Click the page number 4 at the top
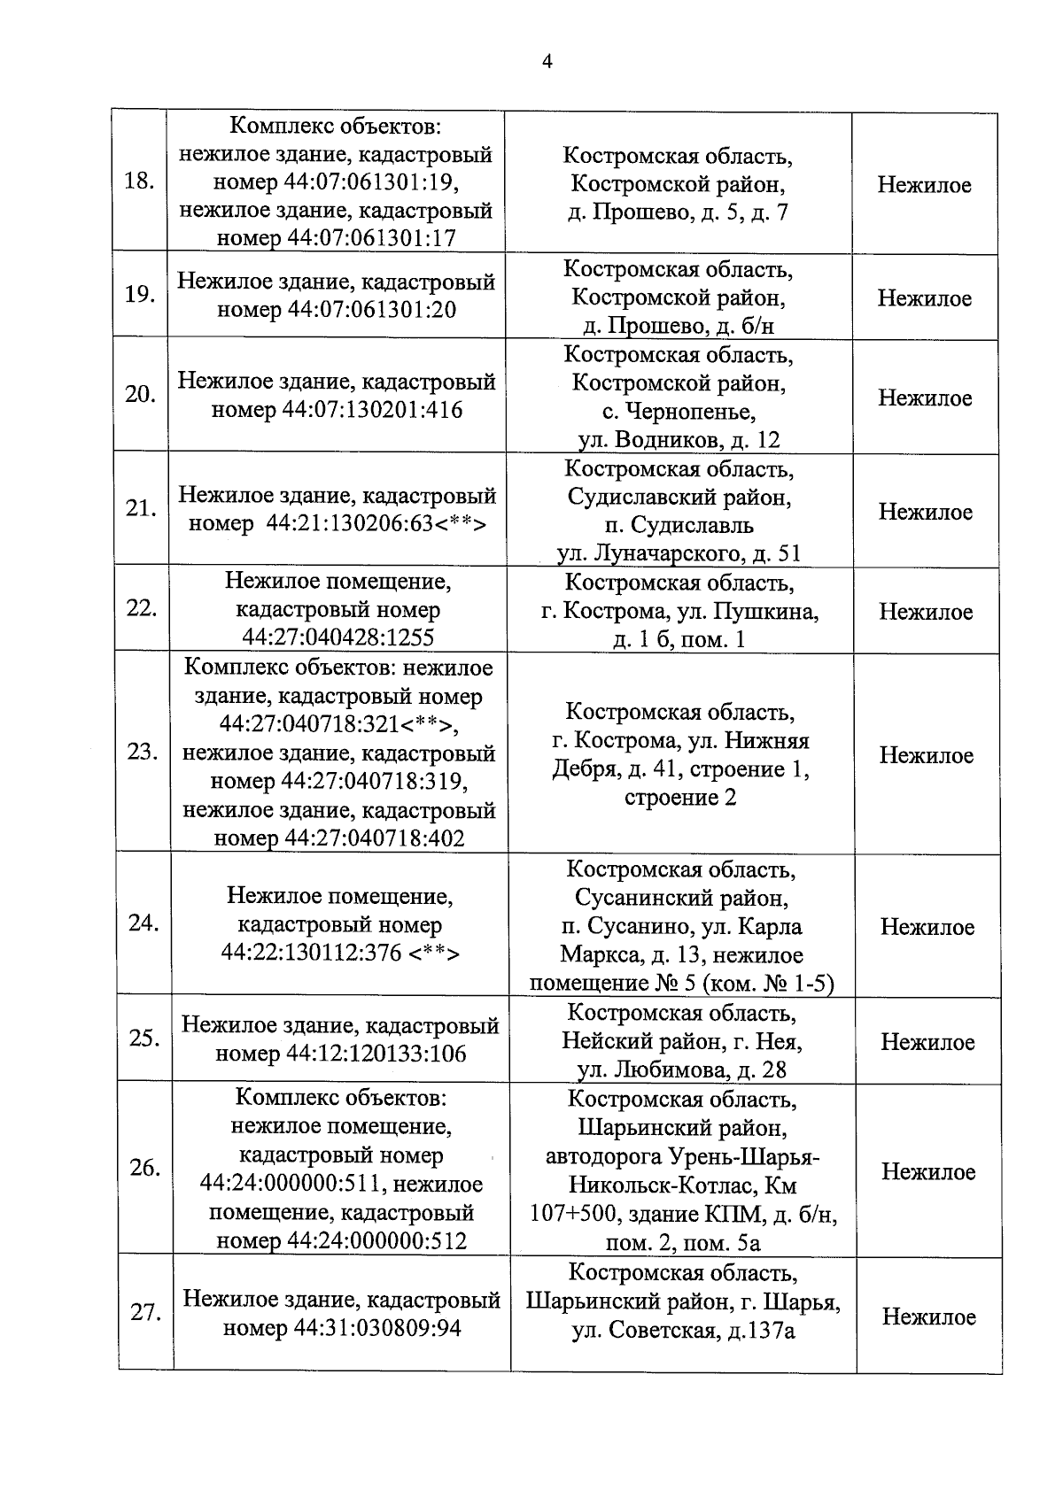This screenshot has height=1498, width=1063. pyautogui.click(x=547, y=61)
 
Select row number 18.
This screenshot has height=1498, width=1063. pyautogui.click(x=139, y=182)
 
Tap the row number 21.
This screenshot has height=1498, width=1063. pyautogui.click(x=140, y=509)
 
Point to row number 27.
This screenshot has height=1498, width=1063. pyautogui.click(x=145, y=1313)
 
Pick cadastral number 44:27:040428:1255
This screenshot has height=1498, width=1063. pyautogui.click(x=338, y=638)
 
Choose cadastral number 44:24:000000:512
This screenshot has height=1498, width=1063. pyautogui.click(x=377, y=1241)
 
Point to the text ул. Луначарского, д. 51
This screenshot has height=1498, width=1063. pyautogui.click(x=679, y=554)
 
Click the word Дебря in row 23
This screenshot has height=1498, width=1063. pyautogui.click(x=585, y=769)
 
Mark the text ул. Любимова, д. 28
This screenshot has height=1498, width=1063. pyautogui.click(x=681, y=1070)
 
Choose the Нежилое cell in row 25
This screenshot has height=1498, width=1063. pyautogui.click(x=927, y=1042)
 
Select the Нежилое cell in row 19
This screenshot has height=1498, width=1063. pyautogui.click(x=924, y=298)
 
